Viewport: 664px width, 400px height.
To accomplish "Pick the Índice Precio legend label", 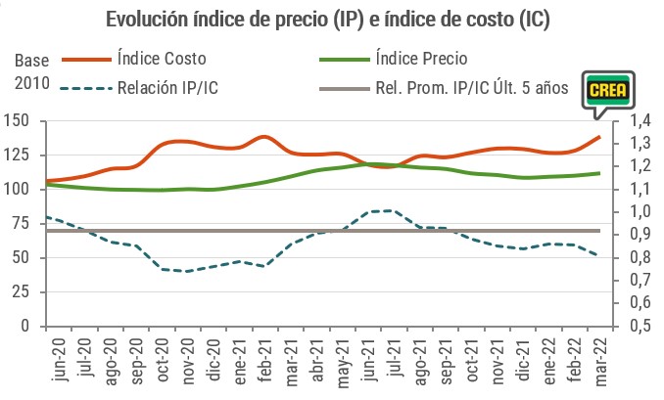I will coord(424,60).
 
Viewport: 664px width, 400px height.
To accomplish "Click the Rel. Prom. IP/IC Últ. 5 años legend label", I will coord(471,89).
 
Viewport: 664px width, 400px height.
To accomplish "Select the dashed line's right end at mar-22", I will coord(597,256).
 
